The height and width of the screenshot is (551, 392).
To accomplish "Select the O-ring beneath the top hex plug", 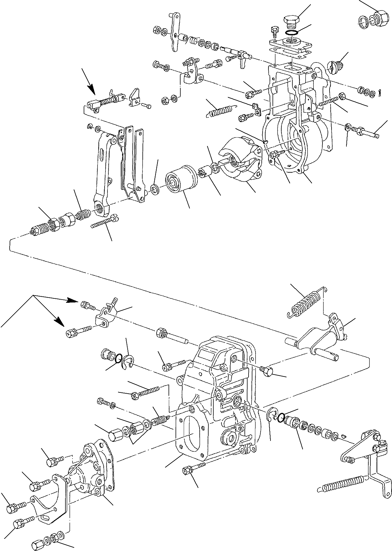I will pos(291,32).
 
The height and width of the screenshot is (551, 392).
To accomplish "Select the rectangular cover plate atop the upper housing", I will pos(290,45).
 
